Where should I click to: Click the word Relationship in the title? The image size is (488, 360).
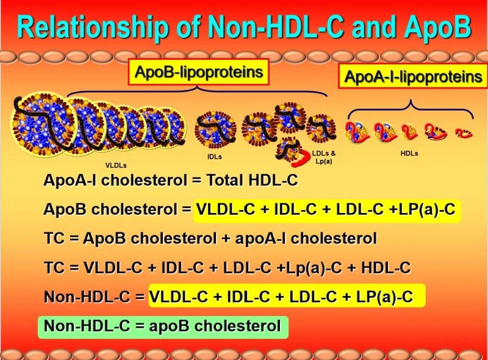[93, 26]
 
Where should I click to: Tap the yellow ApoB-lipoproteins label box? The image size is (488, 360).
[199, 72]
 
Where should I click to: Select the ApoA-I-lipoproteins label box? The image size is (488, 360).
[414, 76]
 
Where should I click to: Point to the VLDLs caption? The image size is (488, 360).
[116, 165]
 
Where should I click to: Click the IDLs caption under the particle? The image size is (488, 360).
[215, 156]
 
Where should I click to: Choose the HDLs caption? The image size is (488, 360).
[409, 153]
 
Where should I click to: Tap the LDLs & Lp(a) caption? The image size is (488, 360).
[324, 157]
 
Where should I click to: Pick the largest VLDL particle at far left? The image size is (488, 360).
[39, 124]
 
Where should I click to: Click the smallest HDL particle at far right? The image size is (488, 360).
[464, 133]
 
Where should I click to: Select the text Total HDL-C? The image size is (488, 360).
[253, 180]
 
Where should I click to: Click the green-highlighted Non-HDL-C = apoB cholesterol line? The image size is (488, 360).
[163, 326]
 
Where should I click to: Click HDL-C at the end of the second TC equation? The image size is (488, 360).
[386, 268]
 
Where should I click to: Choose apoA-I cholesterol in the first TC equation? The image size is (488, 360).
[306, 239]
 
